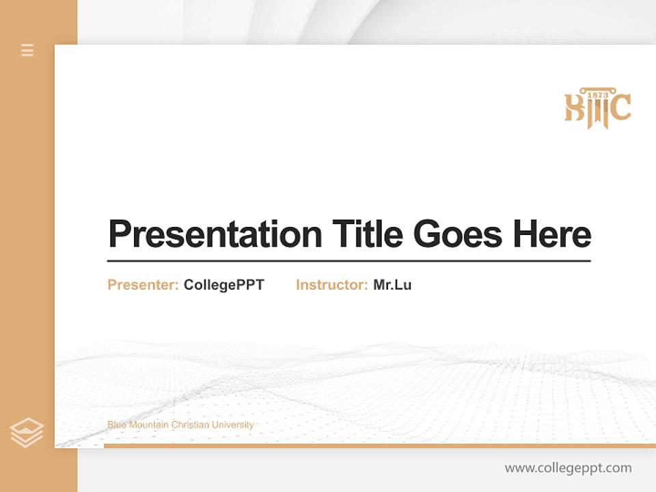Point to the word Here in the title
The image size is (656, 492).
click(551, 234)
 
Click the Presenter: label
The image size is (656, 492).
click(143, 285)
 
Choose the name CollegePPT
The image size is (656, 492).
click(223, 285)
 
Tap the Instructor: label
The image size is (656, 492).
click(331, 285)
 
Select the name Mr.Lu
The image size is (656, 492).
click(392, 285)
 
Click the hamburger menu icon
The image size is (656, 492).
click(27, 50)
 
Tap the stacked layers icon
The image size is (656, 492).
click(27, 433)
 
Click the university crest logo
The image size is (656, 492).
click(597, 108)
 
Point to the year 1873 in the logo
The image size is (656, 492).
click(598, 94)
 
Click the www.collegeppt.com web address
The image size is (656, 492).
click(568, 468)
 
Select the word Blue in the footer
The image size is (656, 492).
click(117, 425)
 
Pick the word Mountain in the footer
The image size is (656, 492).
click(148, 425)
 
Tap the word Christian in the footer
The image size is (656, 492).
click(190, 425)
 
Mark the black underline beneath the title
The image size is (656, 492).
click(348, 261)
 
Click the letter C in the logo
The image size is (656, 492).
click(620, 109)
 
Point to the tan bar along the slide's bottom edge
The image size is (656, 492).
click(379, 446)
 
